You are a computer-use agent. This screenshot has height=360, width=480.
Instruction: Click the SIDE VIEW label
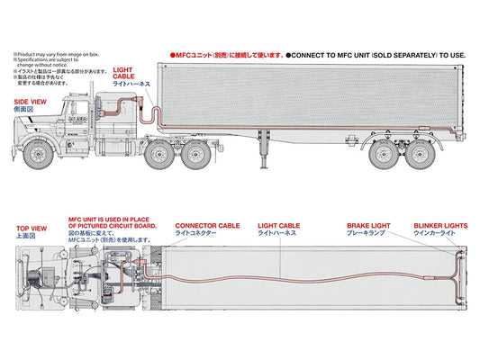[x=30, y=103]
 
